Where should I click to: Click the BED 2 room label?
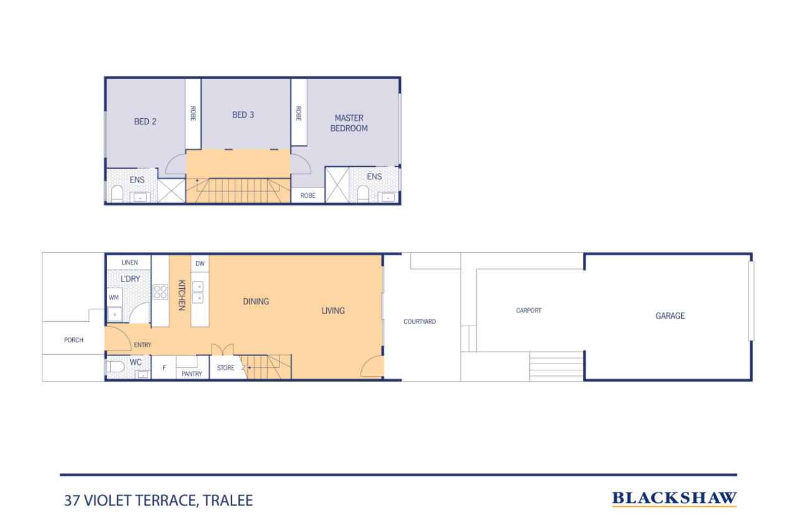click(x=145, y=121)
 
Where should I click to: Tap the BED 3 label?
click(x=243, y=115)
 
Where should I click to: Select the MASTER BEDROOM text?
click(x=349, y=123)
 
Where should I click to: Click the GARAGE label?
click(x=671, y=316)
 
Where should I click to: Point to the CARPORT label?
click(x=529, y=311)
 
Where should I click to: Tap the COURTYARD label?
click(x=420, y=321)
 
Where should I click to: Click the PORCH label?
click(x=73, y=340)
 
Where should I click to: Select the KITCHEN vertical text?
click(x=181, y=295)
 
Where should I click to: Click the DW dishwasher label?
click(x=200, y=263)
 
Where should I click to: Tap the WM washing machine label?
click(x=114, y=298)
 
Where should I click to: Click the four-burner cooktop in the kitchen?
click(x=160, y=292)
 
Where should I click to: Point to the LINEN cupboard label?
click(x=130, y=263)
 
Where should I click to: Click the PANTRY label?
click(x=192, y=374)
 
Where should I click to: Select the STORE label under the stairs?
click(x=225, y=368)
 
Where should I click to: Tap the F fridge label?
click(x=164, y=368)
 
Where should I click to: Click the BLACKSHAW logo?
click(x=674, y=499)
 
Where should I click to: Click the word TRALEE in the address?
click(x=228, y=500)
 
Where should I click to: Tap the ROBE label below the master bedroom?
click(x=308, y=195)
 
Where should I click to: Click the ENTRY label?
click(x=143, y=345)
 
